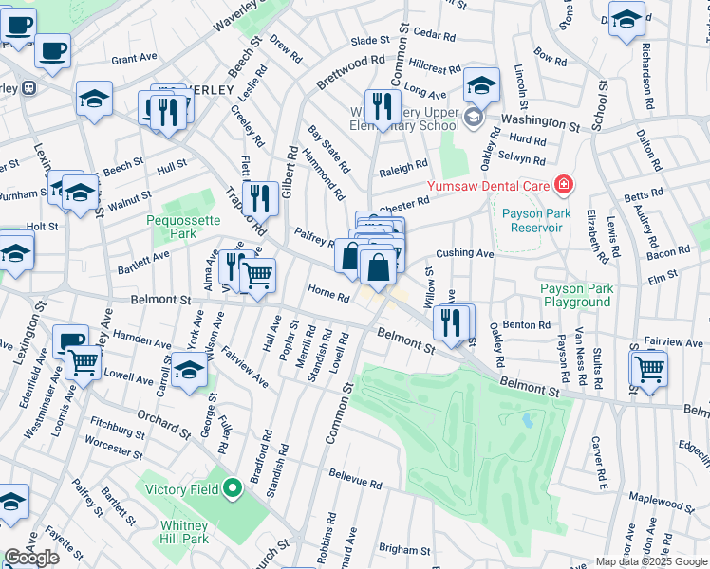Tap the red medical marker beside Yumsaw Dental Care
coord(565,184)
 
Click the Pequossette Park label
coord(183,225)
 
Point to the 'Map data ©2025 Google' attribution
coord(651,561)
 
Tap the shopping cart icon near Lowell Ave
coord(84,361)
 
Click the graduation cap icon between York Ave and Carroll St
coord(190,369)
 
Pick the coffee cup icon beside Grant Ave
coord(53,48)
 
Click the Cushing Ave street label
coord(464,254)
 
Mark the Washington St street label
coord(540,121)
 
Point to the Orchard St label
coord(163,420)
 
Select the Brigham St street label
coord(404,550)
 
